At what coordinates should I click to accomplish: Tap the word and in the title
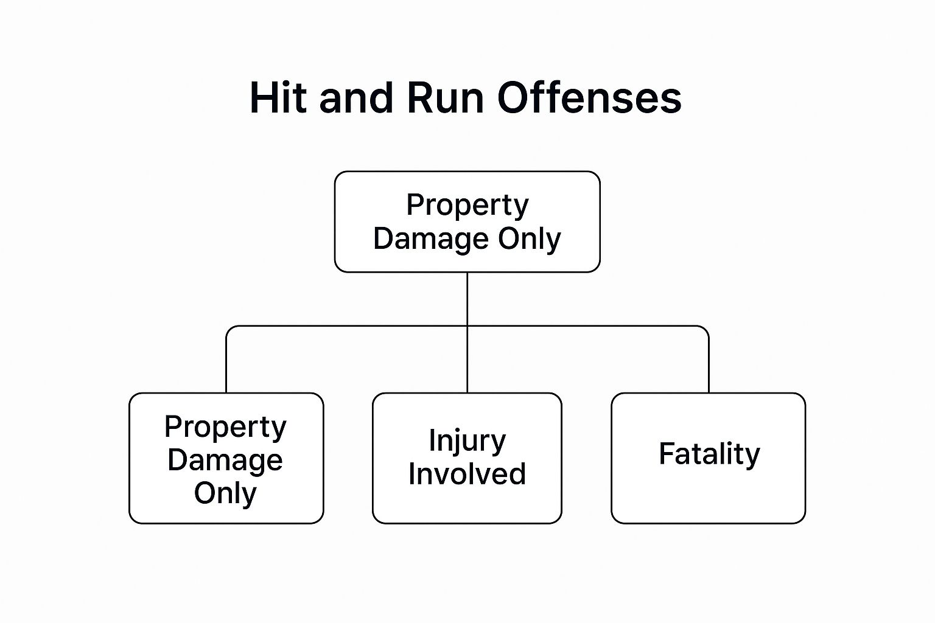pyautogui.click(x=355, y=97)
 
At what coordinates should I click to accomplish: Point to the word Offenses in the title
pyautogui.click(x=589, y=97)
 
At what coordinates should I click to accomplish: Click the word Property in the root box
pyautogui.click(x=467, y=206)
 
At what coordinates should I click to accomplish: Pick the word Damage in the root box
pyautogui.click(x=431, y=238)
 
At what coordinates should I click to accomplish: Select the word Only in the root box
pyautogui.click(x=529, y=238)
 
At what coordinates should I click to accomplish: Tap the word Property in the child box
pyautogui.click(x=225, y=427)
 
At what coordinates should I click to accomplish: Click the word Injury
pyautogui.click(x=467, y=440)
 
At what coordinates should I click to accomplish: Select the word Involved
pyautogui.click(x=467, y=474)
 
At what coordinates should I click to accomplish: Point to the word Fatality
pyautogui.click(x=709, y=454)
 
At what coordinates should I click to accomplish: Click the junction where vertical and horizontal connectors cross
pyautogui.click(x=467, y=326)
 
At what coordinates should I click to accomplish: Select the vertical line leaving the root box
pyautogui.click(x=467, y=298)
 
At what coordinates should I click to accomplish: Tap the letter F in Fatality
pyautogui.click(x=665, y=453)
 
